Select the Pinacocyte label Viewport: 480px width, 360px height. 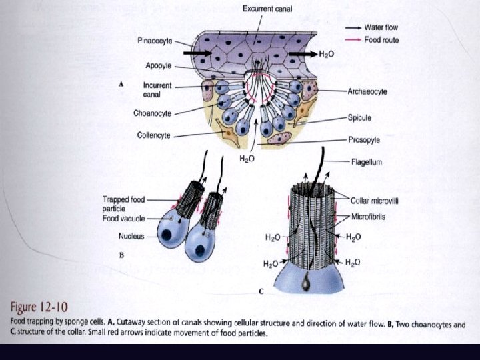(x=155, y=41)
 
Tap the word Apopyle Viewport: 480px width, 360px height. (x=159, y=65)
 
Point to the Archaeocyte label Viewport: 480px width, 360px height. (x=367, y=91)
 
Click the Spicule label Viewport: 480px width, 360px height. (x=359, y=117)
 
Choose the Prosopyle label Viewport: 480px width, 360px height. (x=363, y=140)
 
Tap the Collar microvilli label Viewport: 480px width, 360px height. (x=377, y=199)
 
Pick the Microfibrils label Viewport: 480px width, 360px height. (x=369, y=217)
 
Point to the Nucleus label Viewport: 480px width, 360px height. (x=131, y=236)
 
